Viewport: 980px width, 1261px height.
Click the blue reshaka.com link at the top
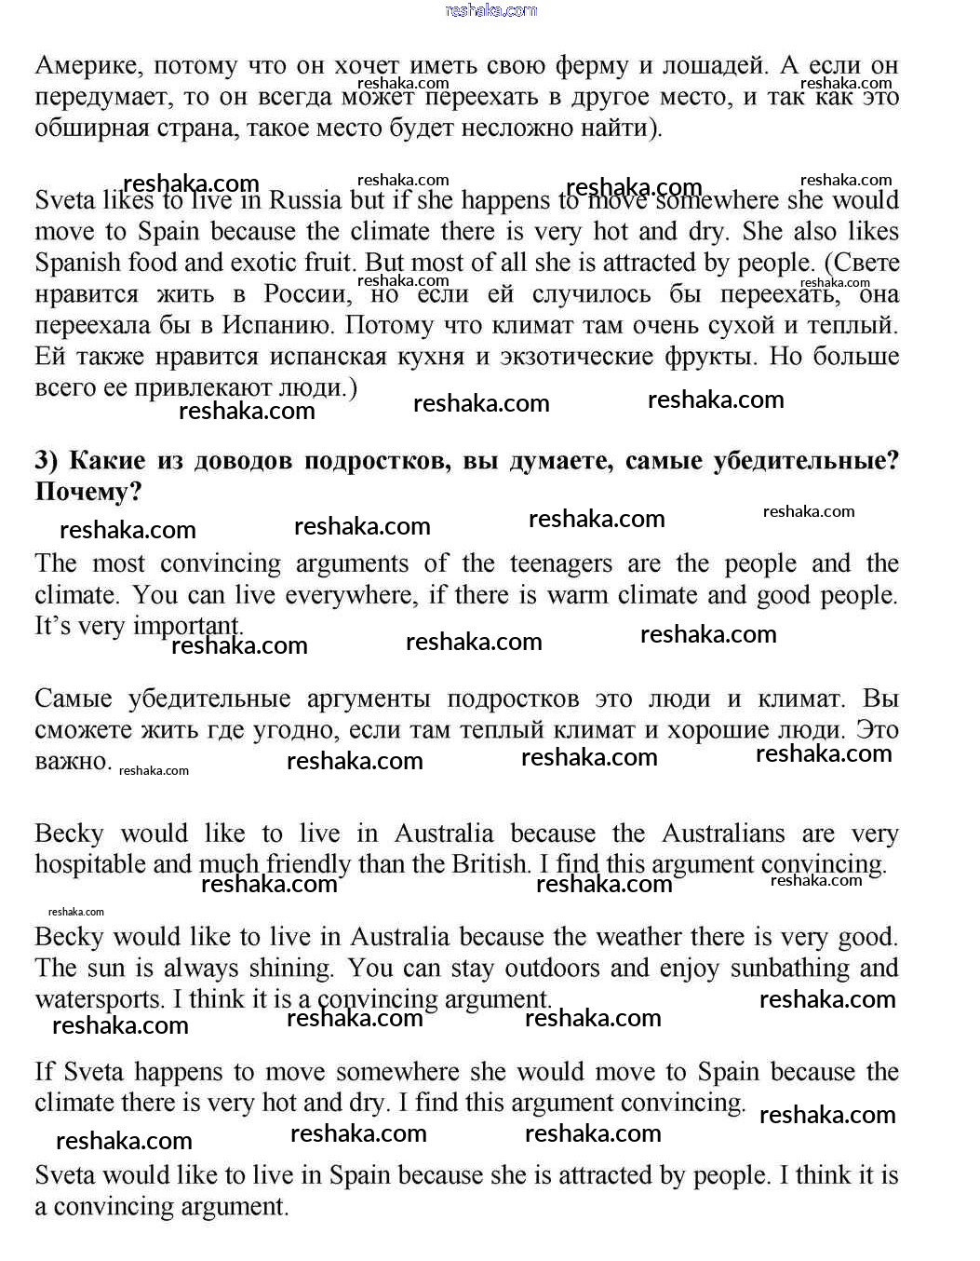(490, 10)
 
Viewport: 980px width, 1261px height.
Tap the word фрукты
(709, 357)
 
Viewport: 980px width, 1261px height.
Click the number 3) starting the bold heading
(47, 461)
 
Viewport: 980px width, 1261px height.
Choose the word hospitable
(89, 864)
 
